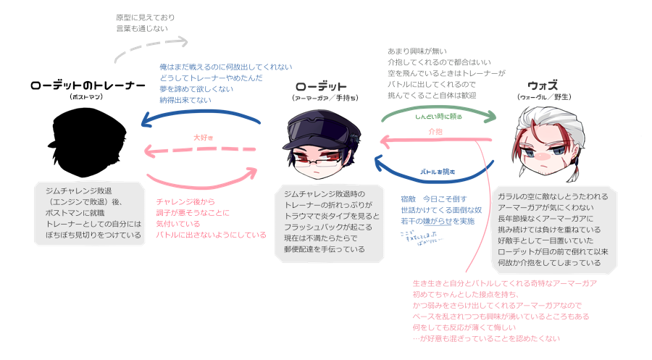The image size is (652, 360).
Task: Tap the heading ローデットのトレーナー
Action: (88, 85)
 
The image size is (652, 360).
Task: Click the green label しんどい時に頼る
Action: (438, 116)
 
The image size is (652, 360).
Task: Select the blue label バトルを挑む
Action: (437, 172)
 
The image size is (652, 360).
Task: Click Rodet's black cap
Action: (321, 125)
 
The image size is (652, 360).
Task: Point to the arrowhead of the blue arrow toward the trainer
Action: (145, 121)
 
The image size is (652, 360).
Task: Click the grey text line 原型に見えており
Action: (145, 17)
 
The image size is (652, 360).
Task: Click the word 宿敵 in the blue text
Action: (408, 198)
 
